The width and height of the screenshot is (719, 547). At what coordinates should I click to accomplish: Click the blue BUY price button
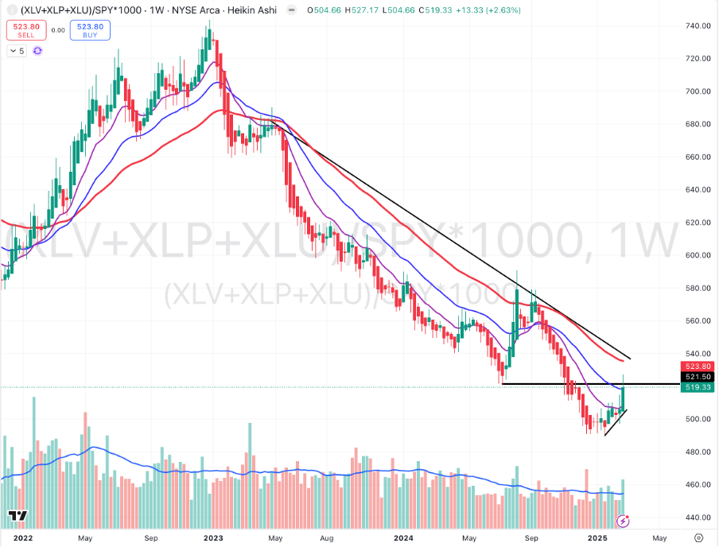(89, 31)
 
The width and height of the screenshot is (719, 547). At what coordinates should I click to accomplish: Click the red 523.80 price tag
(697, 365)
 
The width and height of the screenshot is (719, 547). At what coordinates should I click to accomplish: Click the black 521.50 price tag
(697, 375)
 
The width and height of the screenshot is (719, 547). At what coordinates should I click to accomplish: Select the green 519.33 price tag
(697, 386)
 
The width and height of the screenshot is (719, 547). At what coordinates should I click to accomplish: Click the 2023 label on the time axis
(214, 537)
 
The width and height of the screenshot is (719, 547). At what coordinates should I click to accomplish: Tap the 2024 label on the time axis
(406, 537)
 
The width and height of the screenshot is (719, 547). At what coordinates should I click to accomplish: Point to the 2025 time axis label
(598, 537)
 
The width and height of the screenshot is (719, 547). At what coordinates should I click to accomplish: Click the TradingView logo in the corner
(18, 516)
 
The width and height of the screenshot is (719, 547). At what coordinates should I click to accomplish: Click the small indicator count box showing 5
(17, 50)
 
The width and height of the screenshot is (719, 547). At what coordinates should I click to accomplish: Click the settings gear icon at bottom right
(698, 537)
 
